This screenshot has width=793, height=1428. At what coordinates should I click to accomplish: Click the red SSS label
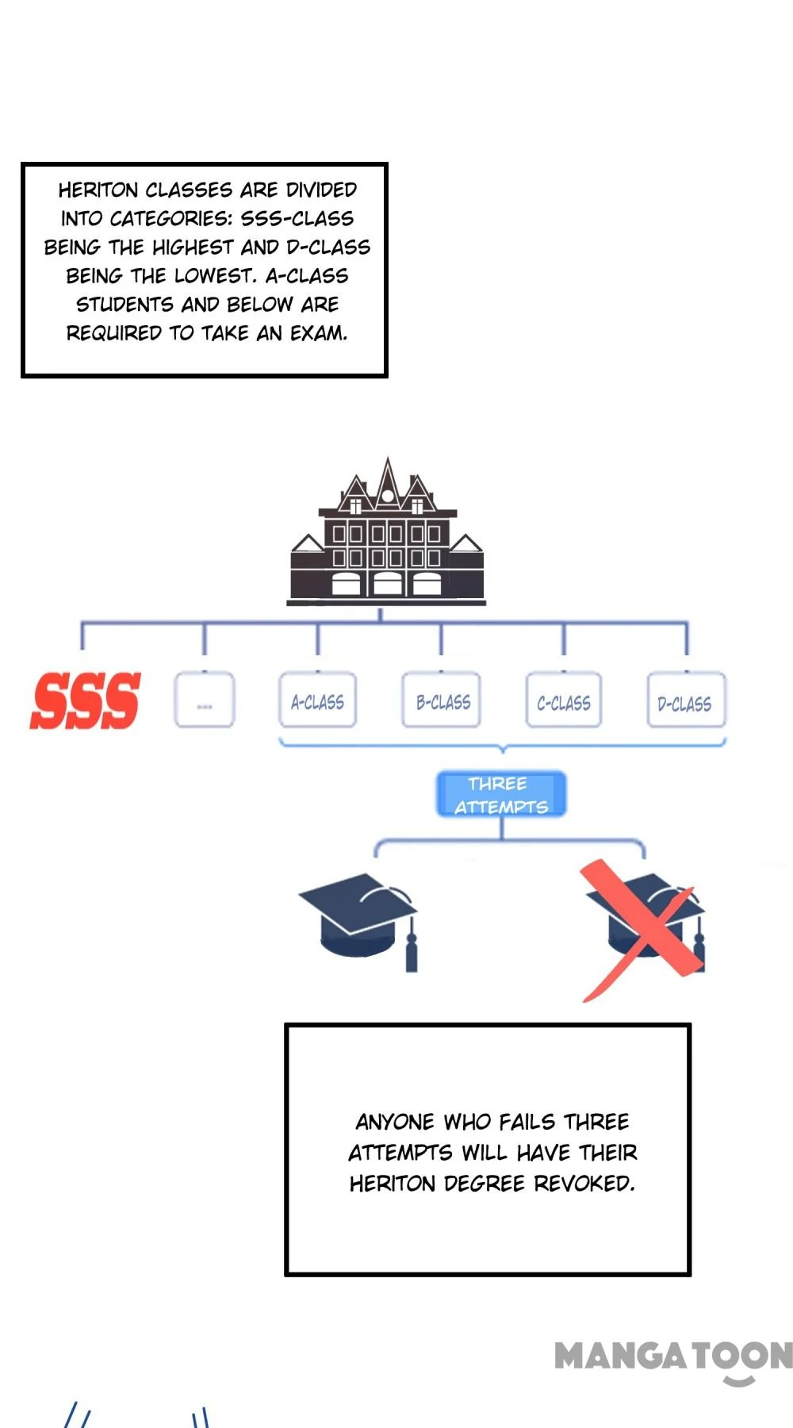click(x=85, y=701)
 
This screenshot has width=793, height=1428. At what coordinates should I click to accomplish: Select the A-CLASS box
click(x=317, y=701)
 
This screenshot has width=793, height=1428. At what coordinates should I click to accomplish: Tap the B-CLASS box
click(x=442, y=701)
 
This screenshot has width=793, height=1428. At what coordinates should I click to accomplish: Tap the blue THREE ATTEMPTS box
click(x=501, y=794)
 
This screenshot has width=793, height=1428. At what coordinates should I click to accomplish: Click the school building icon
click(x=387, y=539)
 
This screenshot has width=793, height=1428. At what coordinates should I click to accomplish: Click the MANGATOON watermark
click(x=673, y=1357)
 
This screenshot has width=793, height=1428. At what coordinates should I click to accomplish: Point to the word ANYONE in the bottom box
click(x=395, y=1122)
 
